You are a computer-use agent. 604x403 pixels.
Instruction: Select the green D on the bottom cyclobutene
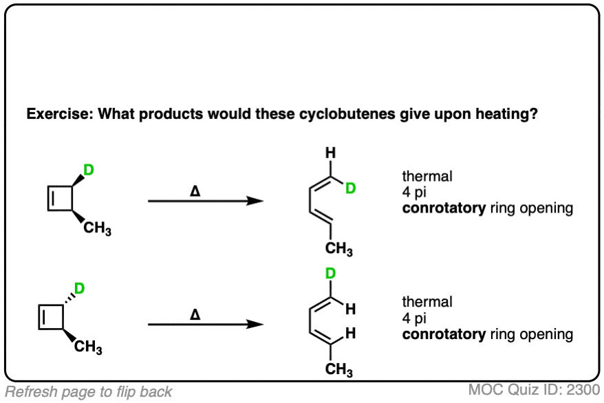pyautogui.click(x=79, y=288)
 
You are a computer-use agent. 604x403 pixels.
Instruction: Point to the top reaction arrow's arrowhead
pyautogui.click(x=255, y=201)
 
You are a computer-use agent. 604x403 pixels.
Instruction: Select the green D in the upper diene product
pyautogui.click(x=350, y=188)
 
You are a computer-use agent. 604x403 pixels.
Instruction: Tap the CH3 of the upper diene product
pyautogui.click(x=339, y=249)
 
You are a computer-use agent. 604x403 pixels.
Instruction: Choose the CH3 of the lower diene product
pyautogui.click(x=339, y=371)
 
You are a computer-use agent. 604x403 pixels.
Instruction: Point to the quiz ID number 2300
pyautogui.click(x=583, y=390)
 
